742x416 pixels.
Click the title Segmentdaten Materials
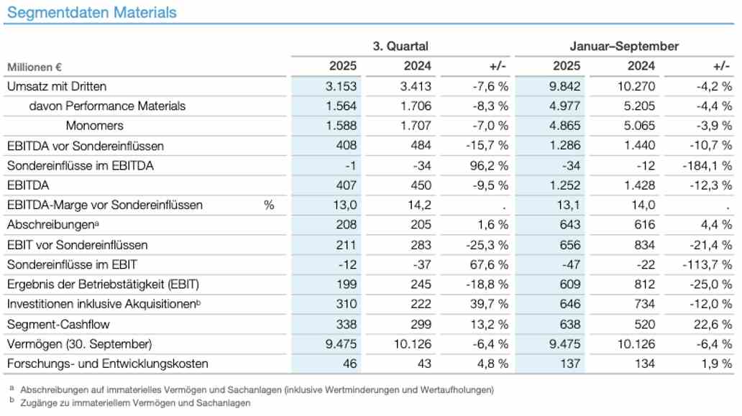92,12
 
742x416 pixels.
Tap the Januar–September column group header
624,46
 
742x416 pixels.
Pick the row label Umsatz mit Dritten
57,86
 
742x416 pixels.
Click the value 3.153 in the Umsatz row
342,86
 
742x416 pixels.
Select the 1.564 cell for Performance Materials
342,106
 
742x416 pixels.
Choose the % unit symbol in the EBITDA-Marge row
269,205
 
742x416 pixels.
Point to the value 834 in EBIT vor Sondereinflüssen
643,245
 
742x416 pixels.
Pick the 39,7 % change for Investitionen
490,305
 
